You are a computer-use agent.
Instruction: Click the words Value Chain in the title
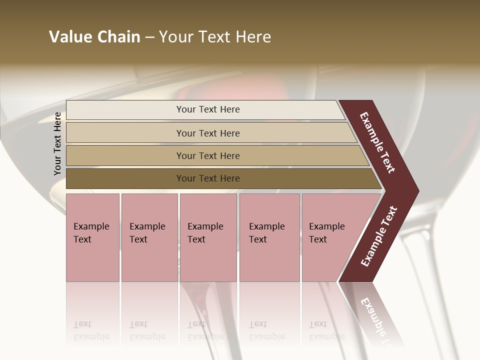(x=94, y=37)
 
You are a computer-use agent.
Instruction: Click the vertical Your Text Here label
(x=57, y=143)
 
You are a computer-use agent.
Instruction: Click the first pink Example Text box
(x=92, y=237)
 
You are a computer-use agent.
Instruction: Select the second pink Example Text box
(x=149, y=237)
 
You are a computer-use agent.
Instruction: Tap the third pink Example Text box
(x=208, y=237)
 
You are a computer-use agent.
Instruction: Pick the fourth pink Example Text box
(x=269, y=237)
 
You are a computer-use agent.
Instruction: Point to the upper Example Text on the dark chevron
(x=377, y=142)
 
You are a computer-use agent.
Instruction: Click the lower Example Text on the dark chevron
(x=379, y=236)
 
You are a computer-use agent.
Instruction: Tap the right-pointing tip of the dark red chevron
(x=416, y=191)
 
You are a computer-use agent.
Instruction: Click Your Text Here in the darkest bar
(x=208, y=178)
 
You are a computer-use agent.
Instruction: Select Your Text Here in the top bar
(x=208, y=109)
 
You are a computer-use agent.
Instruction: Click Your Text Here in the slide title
(x=215, y=37)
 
